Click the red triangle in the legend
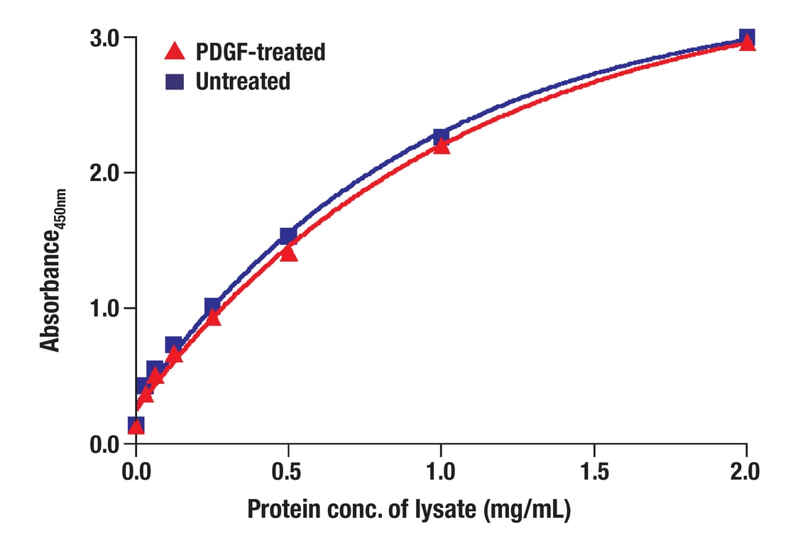coord(175,51)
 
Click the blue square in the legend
coord(175,82)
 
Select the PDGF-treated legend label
coord(260,51)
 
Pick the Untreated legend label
coord(243,82)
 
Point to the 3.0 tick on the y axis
coord(103,37)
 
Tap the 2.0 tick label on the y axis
coord(103,172)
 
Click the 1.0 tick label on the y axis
coord(103,308)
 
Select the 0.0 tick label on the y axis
coord(103,444)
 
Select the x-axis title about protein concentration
coord(409,510)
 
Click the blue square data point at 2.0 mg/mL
coord(747,37)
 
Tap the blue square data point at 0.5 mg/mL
coord(288,236)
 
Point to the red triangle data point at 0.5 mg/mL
coord(288,253)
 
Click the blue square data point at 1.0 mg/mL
coord(441,136)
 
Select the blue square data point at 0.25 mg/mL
coord(212,307)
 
